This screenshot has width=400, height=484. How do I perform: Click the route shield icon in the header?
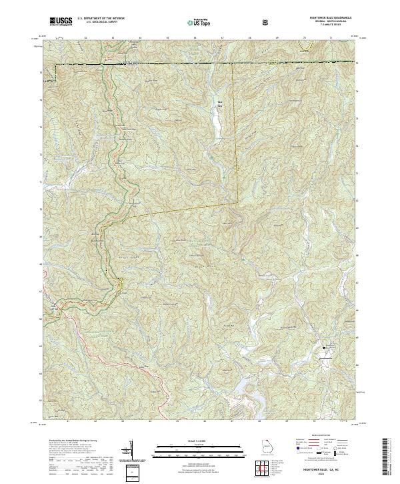[x=267, y=22]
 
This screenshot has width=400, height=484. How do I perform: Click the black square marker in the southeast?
[x=325, y=348]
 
